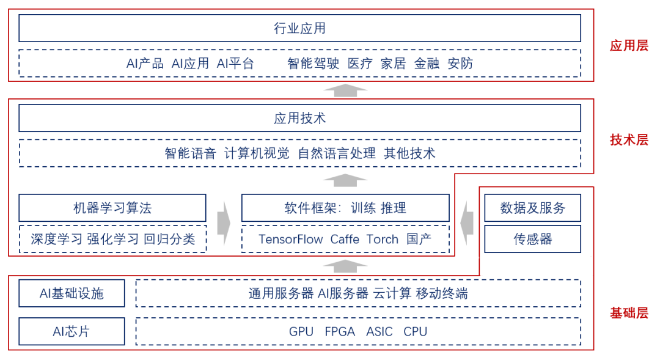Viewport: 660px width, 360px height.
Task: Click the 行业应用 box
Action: pyautogui.click(x=299, y=28)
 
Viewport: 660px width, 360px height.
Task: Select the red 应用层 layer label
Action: pyautogui.click(x=629, y=46)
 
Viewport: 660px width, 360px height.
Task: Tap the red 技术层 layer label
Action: pyautogui.click(x=629, y=140)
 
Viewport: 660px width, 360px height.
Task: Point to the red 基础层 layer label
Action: pyautogui.click(x=629, y=314)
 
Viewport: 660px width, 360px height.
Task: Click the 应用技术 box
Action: pyautogui.click(x=299, y=118)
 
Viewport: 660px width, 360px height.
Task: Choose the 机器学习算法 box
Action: pyautogui.click(x=112, y=208)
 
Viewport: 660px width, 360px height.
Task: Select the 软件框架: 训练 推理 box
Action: pyautogui.click(x=345, y=208)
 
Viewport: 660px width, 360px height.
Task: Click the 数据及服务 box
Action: pyautogui.click(x=532, y=208)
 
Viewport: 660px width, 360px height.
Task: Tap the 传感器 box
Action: pyautogui.click(x=532, y=239)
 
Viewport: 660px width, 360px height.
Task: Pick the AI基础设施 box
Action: pyautogui.click(x=71, y=293)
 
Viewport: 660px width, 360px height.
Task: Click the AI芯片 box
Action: pyautogui.click(x=71, y=331)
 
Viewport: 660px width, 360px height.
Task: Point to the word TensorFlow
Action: pyautogui.click(x=290, y=240)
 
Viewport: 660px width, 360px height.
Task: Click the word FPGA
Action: pyautogui.click(x=340, y=332)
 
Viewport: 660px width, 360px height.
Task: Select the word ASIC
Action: pyautogui.click(x=380, y=332)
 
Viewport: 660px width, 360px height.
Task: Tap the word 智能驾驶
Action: pyautogui.click(x=313, y=64)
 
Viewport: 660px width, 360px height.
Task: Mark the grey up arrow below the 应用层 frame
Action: pyautogui.click(x=345, y=90)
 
